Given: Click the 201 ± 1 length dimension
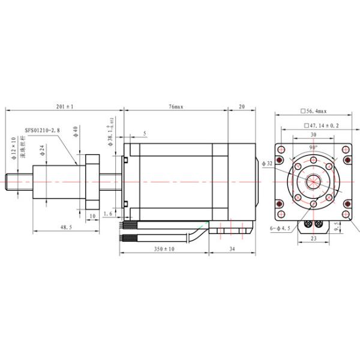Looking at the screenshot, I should [x=64, y=106].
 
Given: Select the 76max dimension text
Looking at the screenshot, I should [x=175, y=106].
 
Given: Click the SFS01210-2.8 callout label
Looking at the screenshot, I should [x=43, y=129].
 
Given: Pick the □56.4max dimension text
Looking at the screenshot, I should [x=313, y=111].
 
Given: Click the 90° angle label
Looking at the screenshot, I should [x=313, y=147].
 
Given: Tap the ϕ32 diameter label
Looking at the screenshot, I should [x=268, y=163].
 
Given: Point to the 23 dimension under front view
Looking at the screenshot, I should [x=313, y=238].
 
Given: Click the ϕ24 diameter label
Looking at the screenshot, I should [x=43, y=151].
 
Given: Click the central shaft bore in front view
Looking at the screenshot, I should [x=313, y=182].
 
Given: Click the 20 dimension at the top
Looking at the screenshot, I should [x=242, y=106].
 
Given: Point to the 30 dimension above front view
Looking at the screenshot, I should [x=313, y=136].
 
